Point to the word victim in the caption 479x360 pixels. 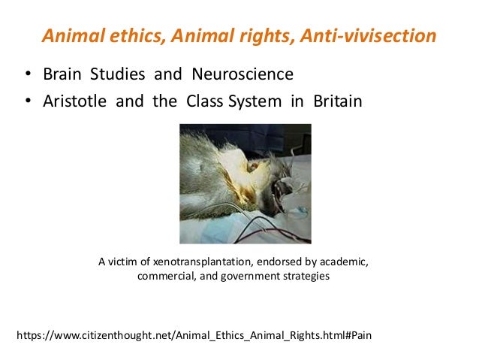pyautogui.click(x=125, y=262)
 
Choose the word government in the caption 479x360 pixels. pyautogui.click(x=251, y=276)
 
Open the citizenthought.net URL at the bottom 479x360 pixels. pyautogui.click(x=194, y=333)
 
